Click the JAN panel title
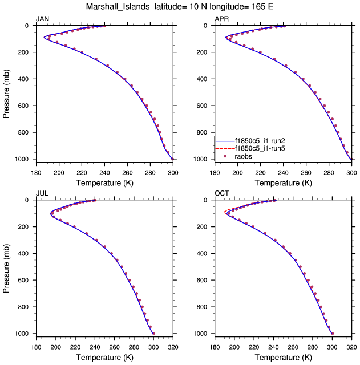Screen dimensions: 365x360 [x=42, y=19]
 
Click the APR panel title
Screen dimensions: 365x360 [x=221, y=19]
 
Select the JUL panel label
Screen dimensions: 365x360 [x=42, y=194]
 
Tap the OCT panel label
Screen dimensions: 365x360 [x=221, y=194]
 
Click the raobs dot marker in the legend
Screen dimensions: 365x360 [x=226, y=156]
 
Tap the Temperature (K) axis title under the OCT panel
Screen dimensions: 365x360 [x=283, y=358]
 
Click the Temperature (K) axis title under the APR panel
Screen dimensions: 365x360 [x=283, y=183]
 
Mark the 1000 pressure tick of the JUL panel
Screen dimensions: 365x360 [x=22, y=334]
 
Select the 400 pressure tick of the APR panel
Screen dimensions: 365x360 [x=203, y=79]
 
